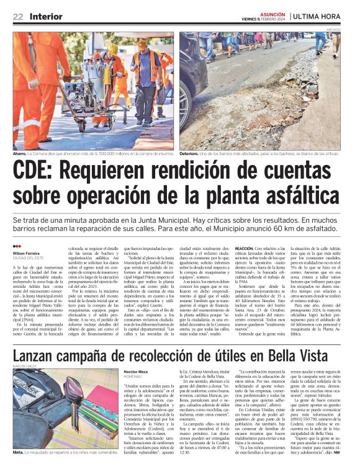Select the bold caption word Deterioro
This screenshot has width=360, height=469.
pyautogui.click(x=192, y=153)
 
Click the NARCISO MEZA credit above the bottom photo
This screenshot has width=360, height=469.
pyautogui.click(x=25, y=350)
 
